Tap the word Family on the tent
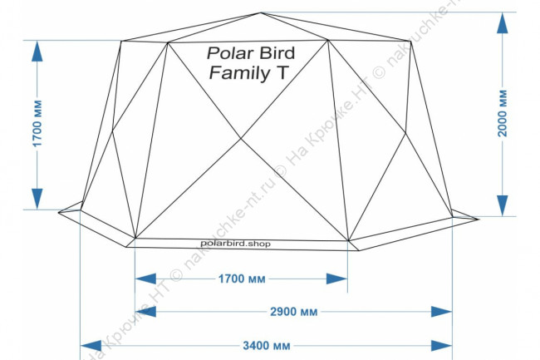tap(235, 74)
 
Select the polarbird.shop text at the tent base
tap(236, 244)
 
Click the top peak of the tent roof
tap(261, 13)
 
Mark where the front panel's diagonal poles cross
tap(242, 138)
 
